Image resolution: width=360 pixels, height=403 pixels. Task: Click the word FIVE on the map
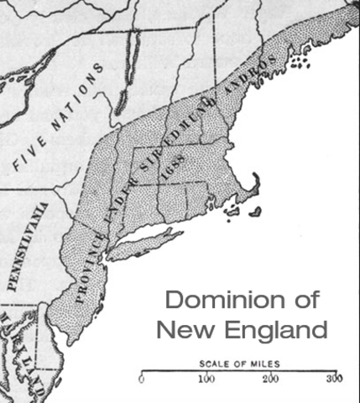pyautogui.click(x=29, y=151)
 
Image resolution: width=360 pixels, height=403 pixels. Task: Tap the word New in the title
pyautogui.click(x=184, y=329)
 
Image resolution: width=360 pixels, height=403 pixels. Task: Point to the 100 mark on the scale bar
pyautogui.click(x=206, y=379)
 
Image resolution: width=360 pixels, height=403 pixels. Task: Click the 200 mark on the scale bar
pyautogui.click(x=271, y=379)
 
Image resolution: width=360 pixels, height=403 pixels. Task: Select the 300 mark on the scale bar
pyautogui.click(x=336, y=379)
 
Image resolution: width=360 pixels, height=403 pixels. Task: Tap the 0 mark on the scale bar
pyautogui.click(x=141, y=379)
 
